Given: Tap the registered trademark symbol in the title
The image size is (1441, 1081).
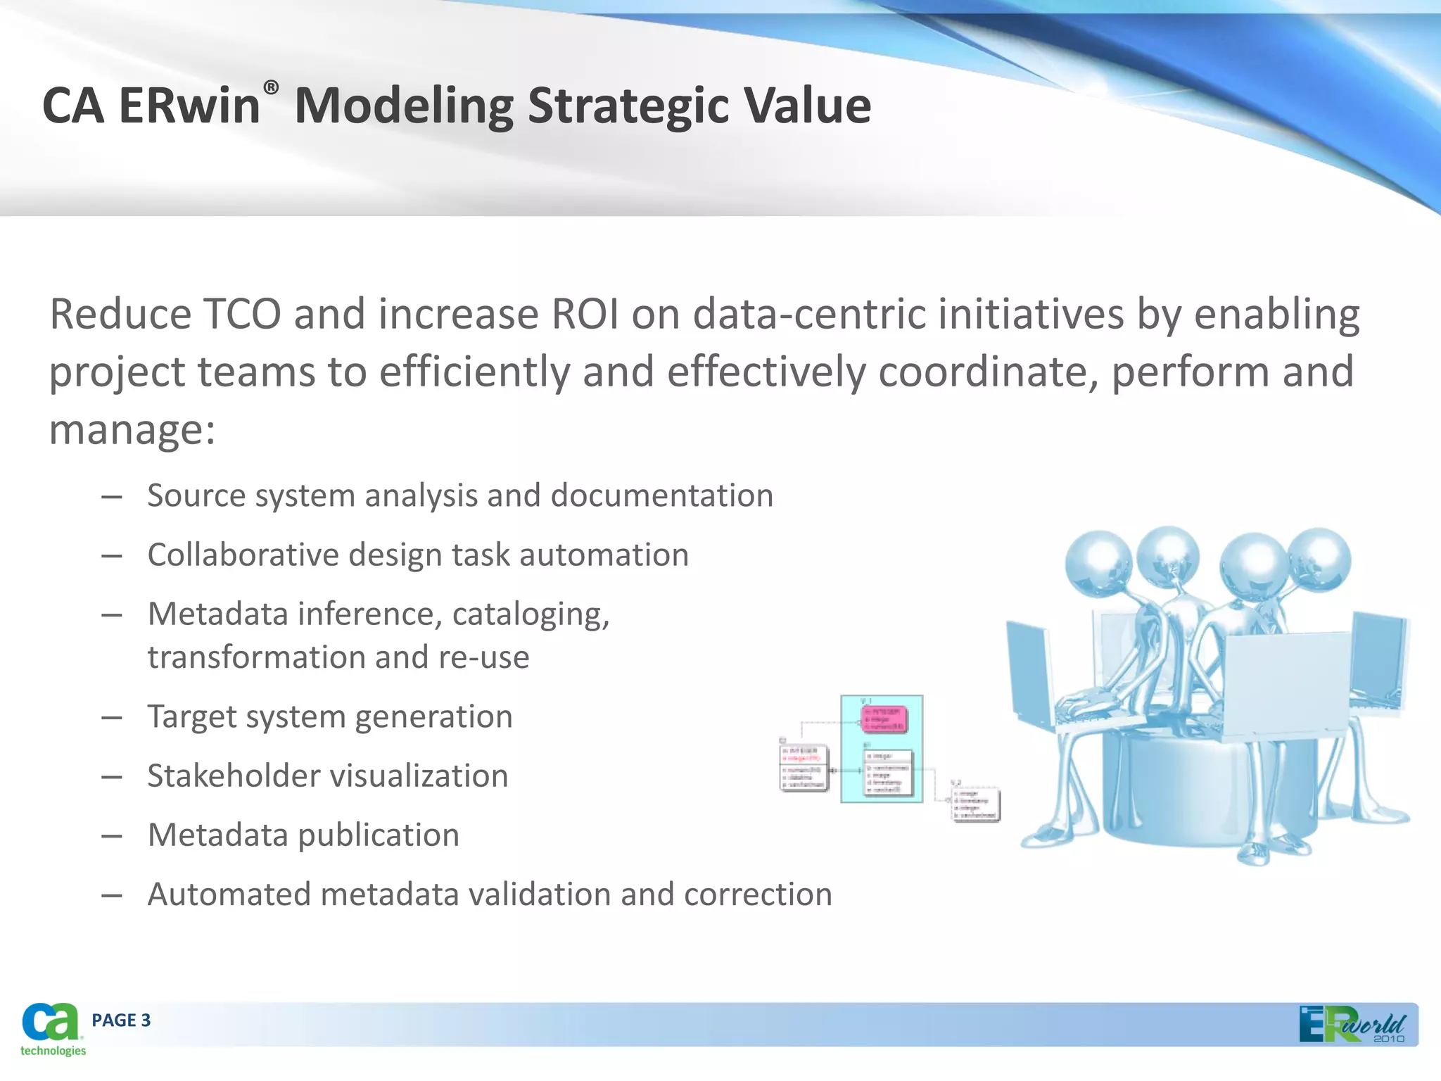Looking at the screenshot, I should tap(272, 87).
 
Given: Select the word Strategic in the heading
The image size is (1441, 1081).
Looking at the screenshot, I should tap(628, 106).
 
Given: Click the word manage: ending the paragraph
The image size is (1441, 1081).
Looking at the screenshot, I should tap(132, 429).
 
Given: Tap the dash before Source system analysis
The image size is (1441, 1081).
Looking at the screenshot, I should tap(112, 497).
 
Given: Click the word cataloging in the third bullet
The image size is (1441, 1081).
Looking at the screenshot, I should tap(529, 614).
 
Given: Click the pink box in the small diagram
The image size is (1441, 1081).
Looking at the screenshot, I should tap(884, 719).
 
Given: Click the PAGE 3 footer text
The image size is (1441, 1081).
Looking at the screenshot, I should tap(121, 1020).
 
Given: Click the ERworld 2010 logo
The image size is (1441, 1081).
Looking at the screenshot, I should tap(1352, 1025).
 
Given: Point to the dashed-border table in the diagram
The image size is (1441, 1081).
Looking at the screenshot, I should tap(976, 805).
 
